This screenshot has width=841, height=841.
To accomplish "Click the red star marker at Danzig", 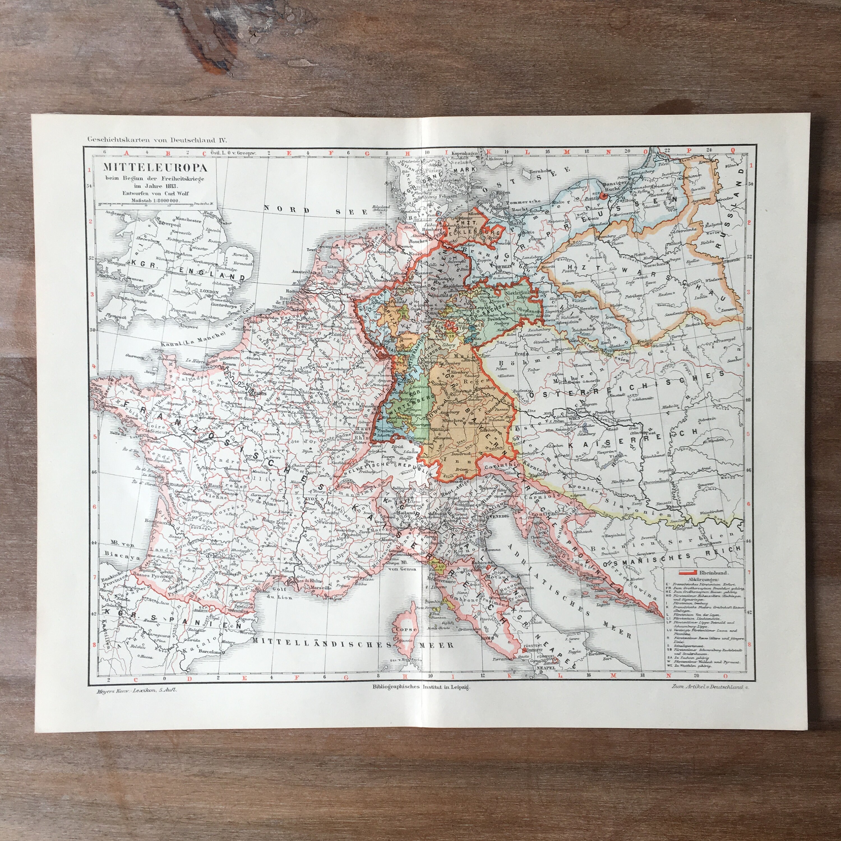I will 603,196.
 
